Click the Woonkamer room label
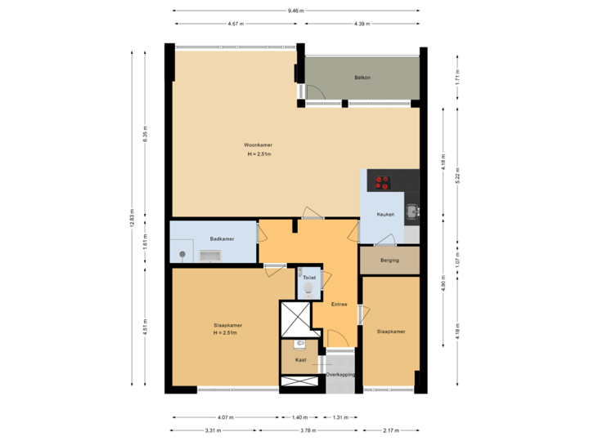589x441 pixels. tap(258, 145)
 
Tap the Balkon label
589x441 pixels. tap(362, 78)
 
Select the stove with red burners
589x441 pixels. tap(381, 182)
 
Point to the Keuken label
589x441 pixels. tap(385, 215)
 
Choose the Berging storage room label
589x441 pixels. tap(389, 261)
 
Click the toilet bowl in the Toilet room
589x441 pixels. tap(309, 289)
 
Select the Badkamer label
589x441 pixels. tap(222, 238)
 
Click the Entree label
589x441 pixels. tap(339, 305)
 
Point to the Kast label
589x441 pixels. tap(300, 359)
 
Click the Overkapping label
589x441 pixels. tap(339, 375)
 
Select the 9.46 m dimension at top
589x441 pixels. tap(295, 11)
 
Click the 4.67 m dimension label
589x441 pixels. tap(236, 24)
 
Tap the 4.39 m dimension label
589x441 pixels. tap(362, 24)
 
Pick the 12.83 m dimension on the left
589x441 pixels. tap(132, 218)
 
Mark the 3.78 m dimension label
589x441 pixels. tap(307, 430)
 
